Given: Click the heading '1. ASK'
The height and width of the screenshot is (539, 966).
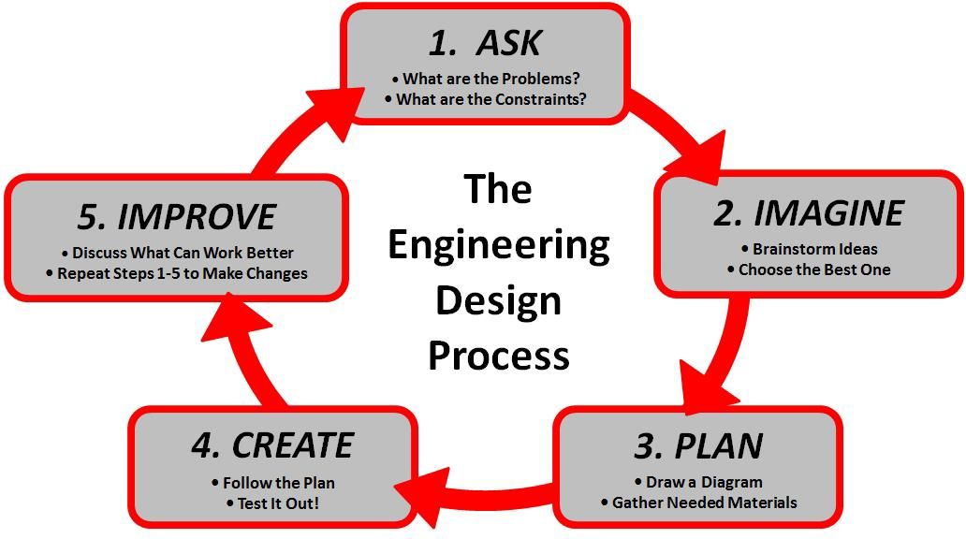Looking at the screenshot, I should pyautogui.click(x=485, y=43).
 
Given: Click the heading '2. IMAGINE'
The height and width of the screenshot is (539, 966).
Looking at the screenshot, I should pyautogui.click(x=810, y=213).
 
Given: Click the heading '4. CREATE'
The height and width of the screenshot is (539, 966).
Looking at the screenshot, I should pyautogui.click(x=272, y=445).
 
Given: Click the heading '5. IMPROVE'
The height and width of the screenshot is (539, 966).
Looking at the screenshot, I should pyautogui.click(x=177, y=217).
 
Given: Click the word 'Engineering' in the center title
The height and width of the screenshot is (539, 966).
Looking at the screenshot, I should pyautogui.click(x=498, y=245).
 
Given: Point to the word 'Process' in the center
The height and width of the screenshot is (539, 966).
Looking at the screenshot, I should pyautogui.click(x=498, y=356).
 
